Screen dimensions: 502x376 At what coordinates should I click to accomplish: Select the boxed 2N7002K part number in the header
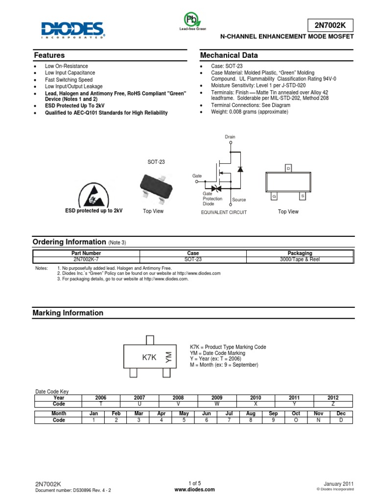[330, 25]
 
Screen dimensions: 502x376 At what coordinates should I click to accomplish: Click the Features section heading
[48, 55]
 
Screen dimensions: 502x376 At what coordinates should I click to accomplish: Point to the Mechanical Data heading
[229, 55]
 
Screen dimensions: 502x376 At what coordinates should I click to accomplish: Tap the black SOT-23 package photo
[153, 185]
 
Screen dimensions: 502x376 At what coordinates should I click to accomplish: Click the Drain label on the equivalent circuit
[230, 137]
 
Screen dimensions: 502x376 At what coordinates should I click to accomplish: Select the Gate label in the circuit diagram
[197, 175]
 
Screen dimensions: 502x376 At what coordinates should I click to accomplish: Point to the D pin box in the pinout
[288, 169]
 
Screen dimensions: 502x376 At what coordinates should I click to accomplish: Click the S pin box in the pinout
[303, 196]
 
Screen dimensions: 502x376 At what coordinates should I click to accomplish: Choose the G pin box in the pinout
[274, 196]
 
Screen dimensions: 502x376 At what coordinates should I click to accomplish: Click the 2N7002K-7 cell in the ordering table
[86, 259]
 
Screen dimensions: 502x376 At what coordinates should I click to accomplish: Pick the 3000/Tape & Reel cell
[299, 259]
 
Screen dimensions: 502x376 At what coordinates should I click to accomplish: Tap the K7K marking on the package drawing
[149, 357]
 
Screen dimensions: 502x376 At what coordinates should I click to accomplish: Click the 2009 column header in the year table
[217, 398]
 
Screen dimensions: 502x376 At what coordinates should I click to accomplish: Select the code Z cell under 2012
[333, 404]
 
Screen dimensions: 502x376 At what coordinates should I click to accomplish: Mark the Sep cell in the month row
[273, 414]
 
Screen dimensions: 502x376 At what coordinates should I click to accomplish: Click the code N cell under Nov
[319, 420]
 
